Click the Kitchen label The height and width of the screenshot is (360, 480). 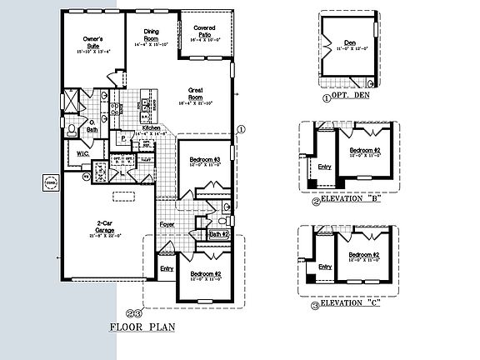click(x=151, y=127)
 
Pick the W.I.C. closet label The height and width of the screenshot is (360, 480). click(x=84, y=153)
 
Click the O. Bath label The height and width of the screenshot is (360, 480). click(x=93, y=129)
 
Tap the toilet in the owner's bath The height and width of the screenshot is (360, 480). click(x=73, y=128)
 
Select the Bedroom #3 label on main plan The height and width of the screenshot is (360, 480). click(x=204, y=159)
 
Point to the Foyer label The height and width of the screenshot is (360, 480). click(x=167, y=223)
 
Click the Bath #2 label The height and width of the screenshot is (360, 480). click(x=217, y=235)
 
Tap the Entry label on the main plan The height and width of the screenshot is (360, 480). click(x=167, y=267)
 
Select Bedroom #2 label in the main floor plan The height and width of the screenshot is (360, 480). click(x=204, y=274)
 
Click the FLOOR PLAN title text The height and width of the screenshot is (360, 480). click(x=142, y=328)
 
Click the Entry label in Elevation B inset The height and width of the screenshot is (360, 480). click(x=325, y=165)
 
